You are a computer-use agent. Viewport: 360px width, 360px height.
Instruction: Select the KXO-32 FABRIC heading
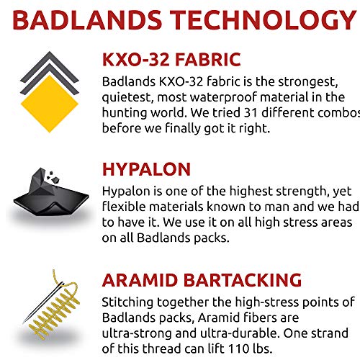171,59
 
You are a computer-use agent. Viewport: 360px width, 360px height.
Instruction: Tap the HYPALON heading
147,169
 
